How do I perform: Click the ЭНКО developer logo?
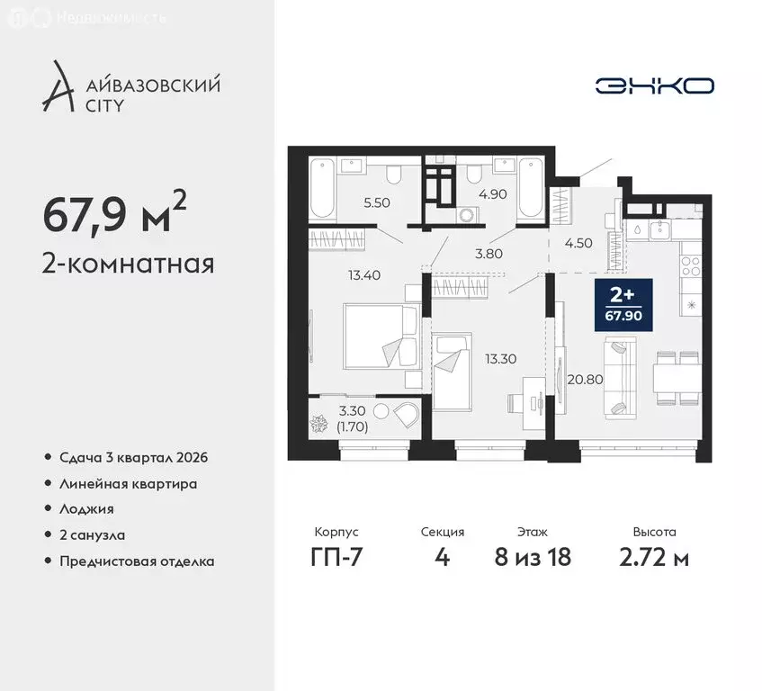[x=654, y=85]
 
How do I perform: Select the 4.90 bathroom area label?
[x=493, y=192]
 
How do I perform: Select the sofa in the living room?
[x=620, y=376]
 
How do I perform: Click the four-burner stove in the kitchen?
[x=690, y=265]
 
